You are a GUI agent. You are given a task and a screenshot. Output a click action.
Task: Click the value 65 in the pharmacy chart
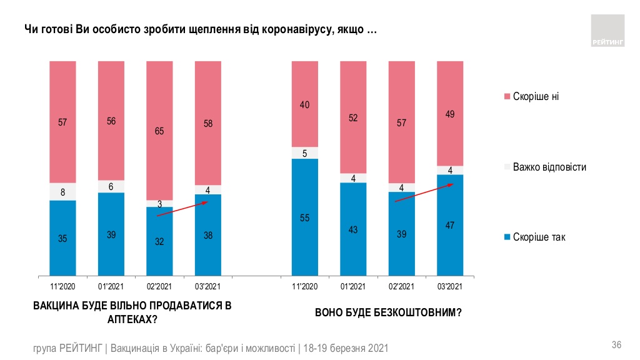coord(159,132)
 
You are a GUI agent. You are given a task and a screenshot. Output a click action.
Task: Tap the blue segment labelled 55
coord(304,217)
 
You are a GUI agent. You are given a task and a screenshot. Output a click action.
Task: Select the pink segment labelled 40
coord(304,104)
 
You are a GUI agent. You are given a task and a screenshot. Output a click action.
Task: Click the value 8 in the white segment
coord(62,192)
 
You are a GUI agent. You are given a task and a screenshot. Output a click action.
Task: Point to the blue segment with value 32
coord(159,241)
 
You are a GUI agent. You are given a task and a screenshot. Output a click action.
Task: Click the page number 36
coord(616,346)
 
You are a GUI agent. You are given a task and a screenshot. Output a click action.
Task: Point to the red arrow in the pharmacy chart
coord(182,209)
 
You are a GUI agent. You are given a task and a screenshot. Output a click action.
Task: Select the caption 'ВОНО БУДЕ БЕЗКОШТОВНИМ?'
coord(388,312)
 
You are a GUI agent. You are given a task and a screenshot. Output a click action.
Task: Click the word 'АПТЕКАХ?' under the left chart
coord(132,319)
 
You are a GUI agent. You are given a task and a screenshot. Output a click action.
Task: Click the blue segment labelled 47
coord(450,225)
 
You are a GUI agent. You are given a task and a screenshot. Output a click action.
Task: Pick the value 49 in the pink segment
coord(450,113)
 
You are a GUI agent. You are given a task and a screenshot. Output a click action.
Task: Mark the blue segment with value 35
coord(62,237)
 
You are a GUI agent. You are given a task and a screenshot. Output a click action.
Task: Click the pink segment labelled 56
coord(111,122)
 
